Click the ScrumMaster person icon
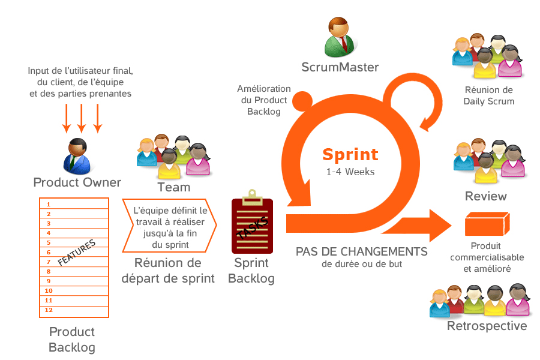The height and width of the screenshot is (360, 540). (x=340, y=37)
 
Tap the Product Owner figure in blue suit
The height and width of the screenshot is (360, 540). (x=77, y=157)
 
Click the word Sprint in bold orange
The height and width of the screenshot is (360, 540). (x=350, y=155)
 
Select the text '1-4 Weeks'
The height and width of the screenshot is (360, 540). (x=350, y=172)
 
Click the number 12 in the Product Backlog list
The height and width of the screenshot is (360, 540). (x=49, y=310)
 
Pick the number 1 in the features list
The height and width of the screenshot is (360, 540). (x=49, y=204)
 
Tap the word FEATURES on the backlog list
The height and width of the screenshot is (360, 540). (x=76, y=253)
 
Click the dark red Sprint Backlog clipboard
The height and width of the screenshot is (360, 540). (x=252, y=222)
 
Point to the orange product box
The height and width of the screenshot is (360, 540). (x=487, y=224)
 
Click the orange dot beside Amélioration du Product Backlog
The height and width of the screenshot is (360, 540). (x=302, y=101)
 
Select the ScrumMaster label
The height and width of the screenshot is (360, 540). (x=340, y=67)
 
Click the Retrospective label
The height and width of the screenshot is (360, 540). (x=487, y=326)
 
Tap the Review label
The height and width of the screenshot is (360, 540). (x=485, y=196)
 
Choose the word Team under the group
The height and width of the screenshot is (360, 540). (x=174, y=187)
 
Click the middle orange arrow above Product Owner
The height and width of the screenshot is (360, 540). (x=82, y=118)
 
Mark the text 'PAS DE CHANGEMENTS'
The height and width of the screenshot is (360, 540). (x=362, y=251)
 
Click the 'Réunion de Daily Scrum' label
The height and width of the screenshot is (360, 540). (x=488, y=95)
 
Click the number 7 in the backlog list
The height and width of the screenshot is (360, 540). (x=49, y=262)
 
